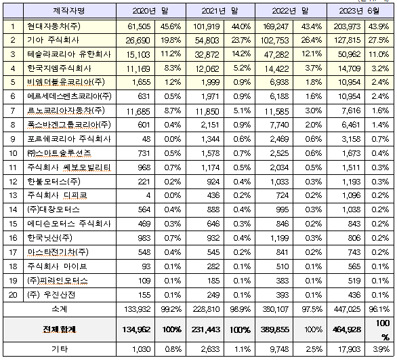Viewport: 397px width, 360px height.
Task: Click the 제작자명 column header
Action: [68, 11]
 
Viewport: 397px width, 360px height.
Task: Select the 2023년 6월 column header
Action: [359, 11]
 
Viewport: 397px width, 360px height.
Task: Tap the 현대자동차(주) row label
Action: [54, 26]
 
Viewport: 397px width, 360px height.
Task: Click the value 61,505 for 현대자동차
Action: [139, 26]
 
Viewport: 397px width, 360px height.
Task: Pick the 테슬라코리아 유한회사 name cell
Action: [69, 54]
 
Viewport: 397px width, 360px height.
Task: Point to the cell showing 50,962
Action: [349, 54]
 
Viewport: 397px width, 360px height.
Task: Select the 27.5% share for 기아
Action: [379, 40]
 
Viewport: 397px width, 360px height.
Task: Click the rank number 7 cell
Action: [13, 111]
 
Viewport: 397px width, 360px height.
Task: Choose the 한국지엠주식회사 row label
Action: [59, 68]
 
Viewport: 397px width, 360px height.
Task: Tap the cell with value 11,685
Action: [138, 111]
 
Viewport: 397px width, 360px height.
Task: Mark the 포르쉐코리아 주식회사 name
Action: [69, 139]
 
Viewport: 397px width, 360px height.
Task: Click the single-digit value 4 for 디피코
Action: [148, 195]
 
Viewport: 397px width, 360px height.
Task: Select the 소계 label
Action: [59, 309]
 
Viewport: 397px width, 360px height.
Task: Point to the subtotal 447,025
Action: [347, 309]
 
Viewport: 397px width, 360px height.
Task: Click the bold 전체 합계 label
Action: [59, 329]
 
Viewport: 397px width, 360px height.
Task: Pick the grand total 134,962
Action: [136, 329]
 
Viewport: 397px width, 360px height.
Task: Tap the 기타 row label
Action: [60, 349]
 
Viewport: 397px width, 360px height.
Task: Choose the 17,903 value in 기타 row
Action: [350, 349]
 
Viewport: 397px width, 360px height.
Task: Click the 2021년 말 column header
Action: [220, 11]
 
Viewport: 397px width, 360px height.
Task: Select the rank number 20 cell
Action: [13, 295]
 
